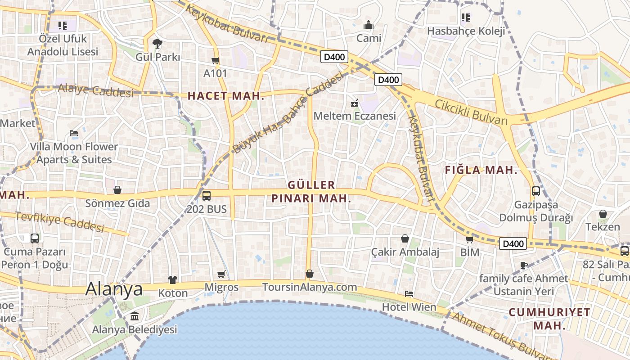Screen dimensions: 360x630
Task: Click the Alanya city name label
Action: point(114,288)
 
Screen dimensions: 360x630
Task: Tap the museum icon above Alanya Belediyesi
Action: point(135,316)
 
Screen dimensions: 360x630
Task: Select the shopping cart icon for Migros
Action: point(221,274)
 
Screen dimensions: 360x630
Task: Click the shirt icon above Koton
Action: point(173,280)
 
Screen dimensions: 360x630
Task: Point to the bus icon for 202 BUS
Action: point(207,196)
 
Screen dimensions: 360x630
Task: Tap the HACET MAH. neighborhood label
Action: point(225,96)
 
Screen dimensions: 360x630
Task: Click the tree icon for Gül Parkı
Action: point(157,44)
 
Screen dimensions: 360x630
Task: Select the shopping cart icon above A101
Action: point(216,60)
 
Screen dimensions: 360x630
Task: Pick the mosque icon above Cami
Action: point(369,25)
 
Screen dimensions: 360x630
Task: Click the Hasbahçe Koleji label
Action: point(466,31)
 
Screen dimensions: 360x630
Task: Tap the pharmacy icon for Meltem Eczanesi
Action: point(355,103)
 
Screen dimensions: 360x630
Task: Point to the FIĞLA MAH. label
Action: point(481,170)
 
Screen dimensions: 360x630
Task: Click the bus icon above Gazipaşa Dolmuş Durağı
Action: point(536,191)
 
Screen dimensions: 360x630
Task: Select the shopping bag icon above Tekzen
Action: point(603,214)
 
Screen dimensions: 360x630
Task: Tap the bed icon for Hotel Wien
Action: point(409,294)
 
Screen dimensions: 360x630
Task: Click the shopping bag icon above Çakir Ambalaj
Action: point(405,238)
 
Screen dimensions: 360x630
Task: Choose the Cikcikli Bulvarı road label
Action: point(471,112)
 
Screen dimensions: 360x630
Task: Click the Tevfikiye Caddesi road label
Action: point(60,221)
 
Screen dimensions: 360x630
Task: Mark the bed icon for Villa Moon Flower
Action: point(74,133)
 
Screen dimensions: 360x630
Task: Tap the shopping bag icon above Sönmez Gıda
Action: point(117,190)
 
